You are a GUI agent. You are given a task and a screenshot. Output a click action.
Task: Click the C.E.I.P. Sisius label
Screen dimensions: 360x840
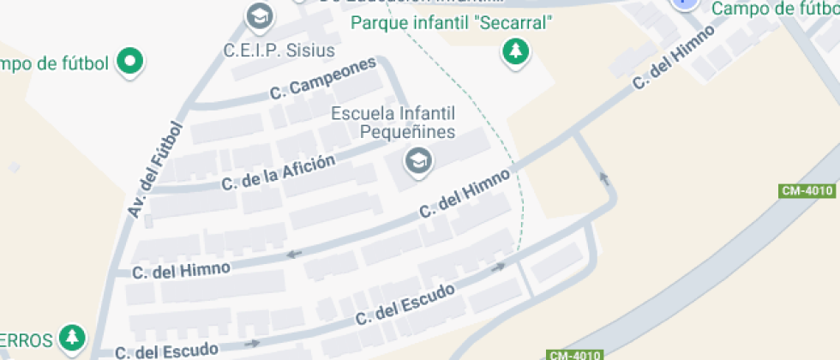click(279, 51)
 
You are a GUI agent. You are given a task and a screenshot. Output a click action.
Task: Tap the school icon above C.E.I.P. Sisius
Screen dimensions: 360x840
click(257, 15)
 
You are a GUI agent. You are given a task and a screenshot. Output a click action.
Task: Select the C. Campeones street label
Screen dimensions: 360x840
click(323, 79)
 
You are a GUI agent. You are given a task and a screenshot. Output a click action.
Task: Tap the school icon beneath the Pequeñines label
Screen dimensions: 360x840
click(417, 160)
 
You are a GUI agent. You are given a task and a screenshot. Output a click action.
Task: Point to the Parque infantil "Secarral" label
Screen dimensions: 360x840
click(449, 23)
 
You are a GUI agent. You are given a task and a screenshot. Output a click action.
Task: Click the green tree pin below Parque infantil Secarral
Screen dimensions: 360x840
click(515, 53)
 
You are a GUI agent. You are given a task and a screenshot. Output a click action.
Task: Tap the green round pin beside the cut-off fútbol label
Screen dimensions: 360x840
click(131, 62)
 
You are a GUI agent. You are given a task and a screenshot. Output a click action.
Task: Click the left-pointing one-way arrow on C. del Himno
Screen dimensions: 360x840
click(295, 254)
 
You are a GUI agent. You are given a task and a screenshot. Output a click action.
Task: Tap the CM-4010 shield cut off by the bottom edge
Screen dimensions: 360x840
click(575, 355)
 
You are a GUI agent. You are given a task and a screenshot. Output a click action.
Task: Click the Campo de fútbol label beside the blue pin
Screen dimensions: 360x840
click(775, 9)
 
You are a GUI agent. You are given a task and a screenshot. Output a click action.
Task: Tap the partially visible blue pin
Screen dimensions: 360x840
click(684, 3)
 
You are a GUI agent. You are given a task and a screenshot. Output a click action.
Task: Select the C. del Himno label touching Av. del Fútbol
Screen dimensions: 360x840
click(182, 270)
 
